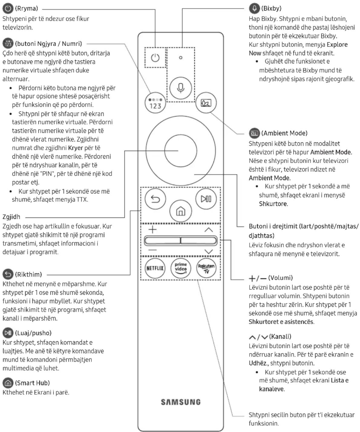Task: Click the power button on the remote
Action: tap(155, 58)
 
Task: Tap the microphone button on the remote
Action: tap(181, 88)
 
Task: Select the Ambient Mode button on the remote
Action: tap(206, 102)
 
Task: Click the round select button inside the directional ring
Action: tap(181, 151)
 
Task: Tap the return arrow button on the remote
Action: tap(155, 199)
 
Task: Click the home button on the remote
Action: tap(181, 211)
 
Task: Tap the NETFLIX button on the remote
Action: tap(155, 268)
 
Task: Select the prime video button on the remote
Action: tap(181, 268)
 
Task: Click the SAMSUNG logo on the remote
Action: tap(181, 402)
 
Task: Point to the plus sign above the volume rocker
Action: tap(152, 229)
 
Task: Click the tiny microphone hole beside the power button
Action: tap(181, 57)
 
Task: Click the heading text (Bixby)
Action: tap(271, 8)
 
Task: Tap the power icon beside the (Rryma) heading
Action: tap(8, 8)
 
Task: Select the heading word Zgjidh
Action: tap(11, 217)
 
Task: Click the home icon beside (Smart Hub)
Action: tap(8, 383)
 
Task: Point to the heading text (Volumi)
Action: tap(280, 278)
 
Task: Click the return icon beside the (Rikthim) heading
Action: tap(8, 274)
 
